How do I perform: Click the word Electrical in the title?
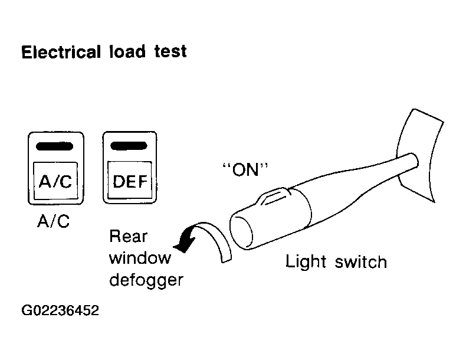[61, 52]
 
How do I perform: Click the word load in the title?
[127, 51]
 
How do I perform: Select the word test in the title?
[170, 51]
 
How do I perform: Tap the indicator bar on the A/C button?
[54, 146]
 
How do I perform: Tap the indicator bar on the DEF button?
[129, 146]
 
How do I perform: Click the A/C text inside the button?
[55, 181]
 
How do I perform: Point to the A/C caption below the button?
[54, 221]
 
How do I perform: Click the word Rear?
[129, 237]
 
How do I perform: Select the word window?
[140, 258]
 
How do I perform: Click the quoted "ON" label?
[245, 169]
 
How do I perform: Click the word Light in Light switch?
[306, 262]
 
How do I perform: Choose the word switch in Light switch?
[361, 261]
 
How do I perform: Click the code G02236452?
[60, 310]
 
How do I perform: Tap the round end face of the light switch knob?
[241, 232]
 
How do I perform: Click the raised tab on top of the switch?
[275, 196]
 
